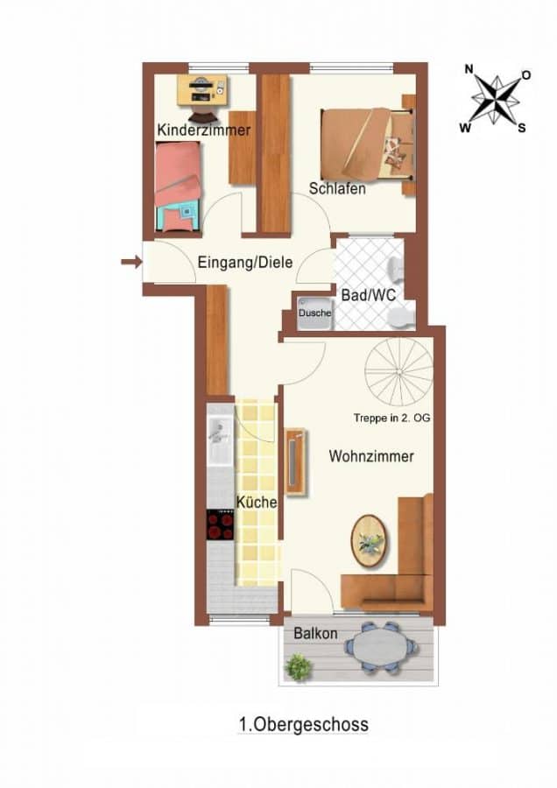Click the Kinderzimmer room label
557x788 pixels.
(x=203, y=130)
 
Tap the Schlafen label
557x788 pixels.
(x=337, y=189)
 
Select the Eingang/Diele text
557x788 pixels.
(x=245, y=263)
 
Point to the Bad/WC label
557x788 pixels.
(x=369, y=294)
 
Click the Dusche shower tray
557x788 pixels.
(x=314, y=313)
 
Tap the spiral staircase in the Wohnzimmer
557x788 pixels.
(x=399, y=372)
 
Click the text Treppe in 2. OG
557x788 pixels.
(x=391, y=418)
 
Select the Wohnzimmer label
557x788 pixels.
(x=371, y=456)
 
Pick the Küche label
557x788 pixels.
(x=257, y=502)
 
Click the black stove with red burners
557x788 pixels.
(x=220, y=524)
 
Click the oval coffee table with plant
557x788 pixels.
(x=369, y=541)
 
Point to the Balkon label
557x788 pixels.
(x=315, y=633)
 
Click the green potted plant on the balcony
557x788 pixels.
(x=299, y=667)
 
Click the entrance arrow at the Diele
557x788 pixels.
(x=131, y=261)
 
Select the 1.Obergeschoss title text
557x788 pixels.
(x=304, y=725)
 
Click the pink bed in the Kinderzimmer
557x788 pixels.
(x=178, y=186)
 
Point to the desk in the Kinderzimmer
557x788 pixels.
(x=202, y=90)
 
